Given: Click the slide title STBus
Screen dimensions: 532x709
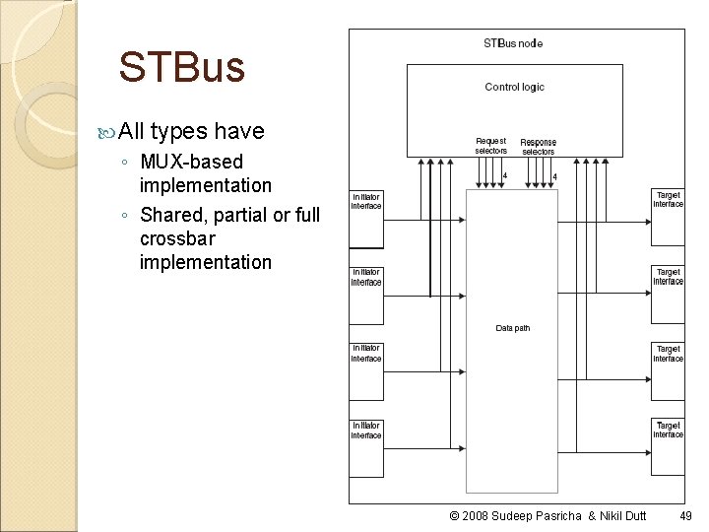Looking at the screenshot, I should point(181,68).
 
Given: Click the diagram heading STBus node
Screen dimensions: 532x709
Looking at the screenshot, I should point(513,43).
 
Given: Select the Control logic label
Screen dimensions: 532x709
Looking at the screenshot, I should point(514,88).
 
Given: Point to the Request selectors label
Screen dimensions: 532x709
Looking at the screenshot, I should point(490,146).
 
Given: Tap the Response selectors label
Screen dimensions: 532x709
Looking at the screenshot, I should point(538,147).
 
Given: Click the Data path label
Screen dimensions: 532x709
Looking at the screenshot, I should point(512,328).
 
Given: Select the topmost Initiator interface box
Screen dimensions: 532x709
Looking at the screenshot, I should point(366,218).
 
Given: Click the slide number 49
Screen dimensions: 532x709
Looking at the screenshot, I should point(685,516).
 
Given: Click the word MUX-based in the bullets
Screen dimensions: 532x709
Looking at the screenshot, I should point(191,162).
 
